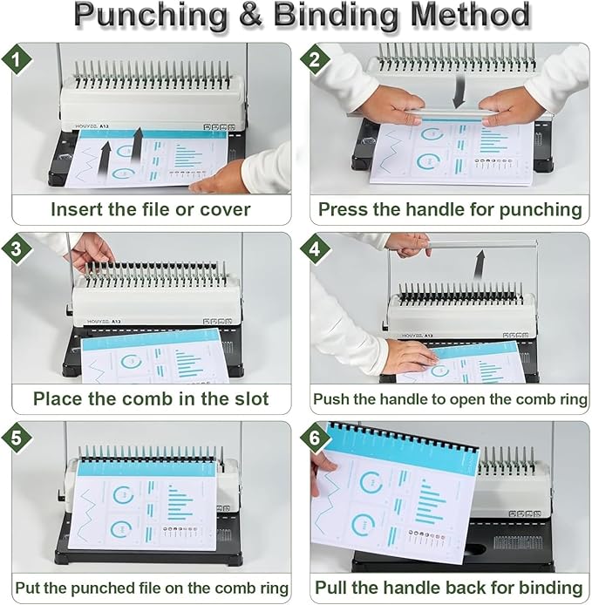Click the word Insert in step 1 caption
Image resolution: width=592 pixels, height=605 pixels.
click(x=76, y=209)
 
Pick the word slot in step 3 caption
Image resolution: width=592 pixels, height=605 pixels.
click(x=249, y=399)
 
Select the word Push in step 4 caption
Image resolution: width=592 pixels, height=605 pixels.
click(x=333, y=399)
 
